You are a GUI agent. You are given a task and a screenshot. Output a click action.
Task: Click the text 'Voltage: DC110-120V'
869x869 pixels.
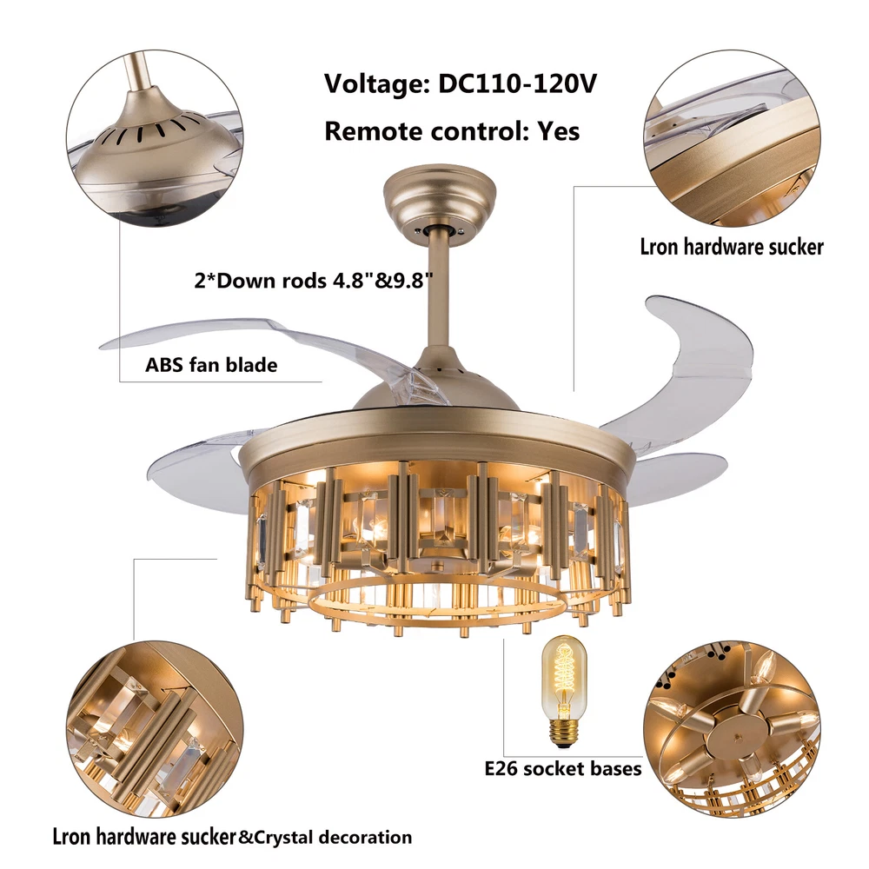[460, 84]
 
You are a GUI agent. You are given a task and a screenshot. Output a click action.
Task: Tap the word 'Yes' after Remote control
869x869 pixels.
[559, 131]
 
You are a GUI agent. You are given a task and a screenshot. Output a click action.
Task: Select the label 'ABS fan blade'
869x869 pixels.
[211, 365]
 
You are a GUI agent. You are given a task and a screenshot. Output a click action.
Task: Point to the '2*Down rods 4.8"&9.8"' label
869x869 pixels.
[313, 281]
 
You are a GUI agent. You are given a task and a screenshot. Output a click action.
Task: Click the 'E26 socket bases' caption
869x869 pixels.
[563, 769]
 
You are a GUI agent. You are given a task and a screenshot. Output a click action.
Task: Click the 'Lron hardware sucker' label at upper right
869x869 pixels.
[732, 247]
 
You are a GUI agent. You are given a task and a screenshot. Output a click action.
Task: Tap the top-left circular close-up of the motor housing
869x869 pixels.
[155, 138]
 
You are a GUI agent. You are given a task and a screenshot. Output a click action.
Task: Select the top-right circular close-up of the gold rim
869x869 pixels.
[732, 138]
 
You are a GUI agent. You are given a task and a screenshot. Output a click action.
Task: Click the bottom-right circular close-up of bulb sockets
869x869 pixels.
[732, 729]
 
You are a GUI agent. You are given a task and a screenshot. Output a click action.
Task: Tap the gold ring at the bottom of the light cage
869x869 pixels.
[436, 603]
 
